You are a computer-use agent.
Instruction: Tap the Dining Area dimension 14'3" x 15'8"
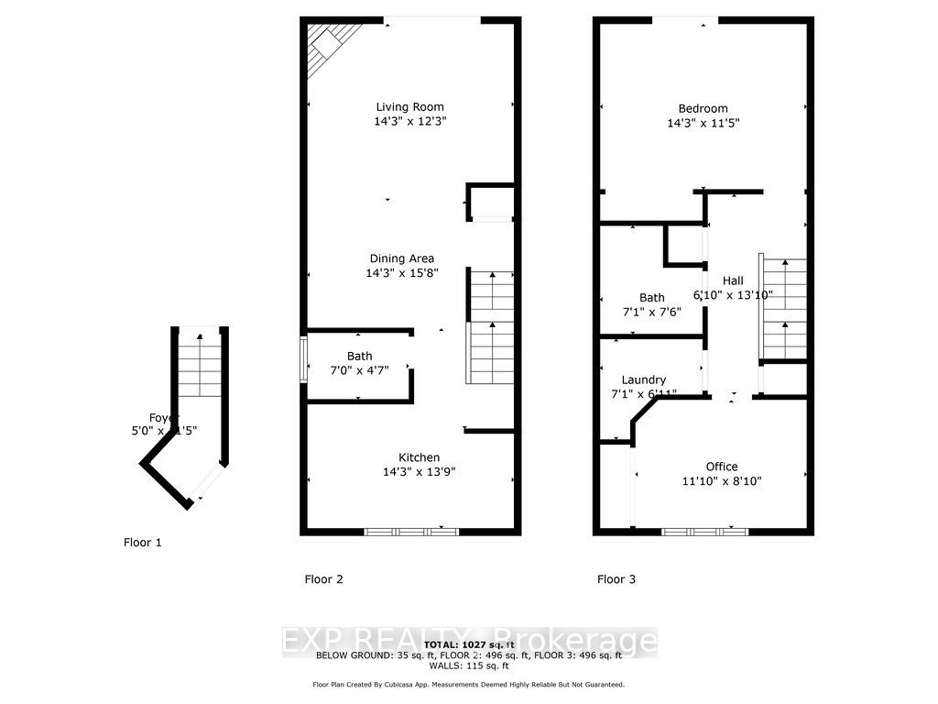(x=402, y=273)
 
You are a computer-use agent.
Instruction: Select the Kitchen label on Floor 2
(x=419, y=457)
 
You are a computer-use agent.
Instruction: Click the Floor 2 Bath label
(x=359, y=357)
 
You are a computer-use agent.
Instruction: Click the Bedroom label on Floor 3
(x=703, y=108)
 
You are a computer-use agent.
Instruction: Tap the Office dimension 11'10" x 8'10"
(x=721, y=480)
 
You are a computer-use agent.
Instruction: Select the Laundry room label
(x=643, y=379)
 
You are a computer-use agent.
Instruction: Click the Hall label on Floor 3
(x=733, y=280)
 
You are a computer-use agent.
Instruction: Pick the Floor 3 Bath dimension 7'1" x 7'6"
(x=651, y=312)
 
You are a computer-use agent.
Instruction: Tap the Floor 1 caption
(x=143, y=543)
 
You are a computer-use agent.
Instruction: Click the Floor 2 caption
(x=323, y=579)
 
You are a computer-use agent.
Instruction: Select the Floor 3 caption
(x=616, y=579)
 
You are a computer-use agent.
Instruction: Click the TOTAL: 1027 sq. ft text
(x=468, y=644)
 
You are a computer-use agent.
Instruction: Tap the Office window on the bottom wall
(x=704, y=531)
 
